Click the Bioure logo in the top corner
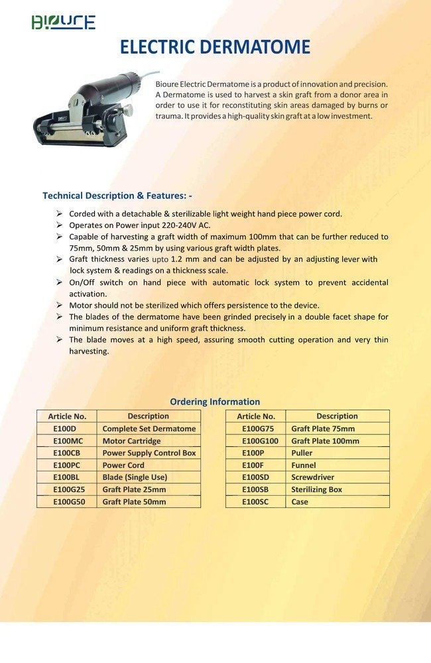pos(64,22)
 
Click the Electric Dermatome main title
pos(215,48)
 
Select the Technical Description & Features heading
pos(117,196)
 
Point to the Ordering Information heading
pos(215,402)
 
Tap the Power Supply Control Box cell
pos(149,453)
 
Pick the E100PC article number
pos(66,465)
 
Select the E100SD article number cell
pos(256,477)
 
